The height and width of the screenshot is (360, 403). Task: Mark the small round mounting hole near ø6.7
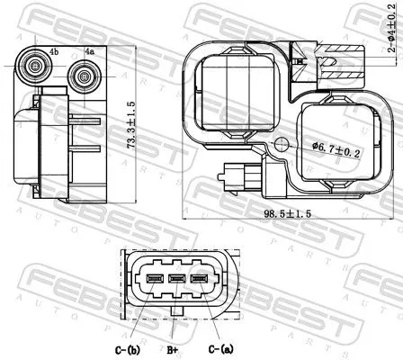pos(282,145)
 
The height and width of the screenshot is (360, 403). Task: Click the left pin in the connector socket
pos(154,279)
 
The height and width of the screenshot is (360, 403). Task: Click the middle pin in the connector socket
pos(176,279)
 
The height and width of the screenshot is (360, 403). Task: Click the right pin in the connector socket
pos(199,279)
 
